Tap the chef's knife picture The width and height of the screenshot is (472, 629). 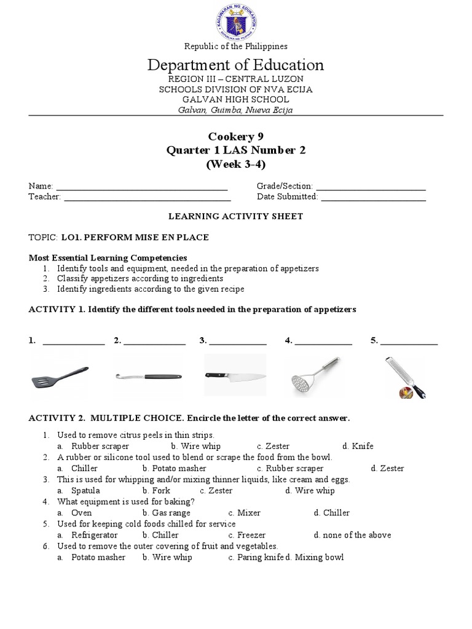(235, 375)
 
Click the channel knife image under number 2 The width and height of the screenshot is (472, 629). (148, 375)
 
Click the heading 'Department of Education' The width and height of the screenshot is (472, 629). (236, 65)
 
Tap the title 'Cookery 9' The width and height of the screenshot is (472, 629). (236, 136)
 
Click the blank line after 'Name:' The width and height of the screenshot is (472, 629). (142, 186)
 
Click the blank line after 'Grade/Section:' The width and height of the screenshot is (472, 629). (371, 186)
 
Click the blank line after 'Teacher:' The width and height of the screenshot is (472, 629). (147, 197)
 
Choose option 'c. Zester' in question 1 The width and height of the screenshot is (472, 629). (273, 447)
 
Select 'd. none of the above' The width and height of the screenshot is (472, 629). (352, 535)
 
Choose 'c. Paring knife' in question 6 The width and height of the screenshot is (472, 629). (255, 557)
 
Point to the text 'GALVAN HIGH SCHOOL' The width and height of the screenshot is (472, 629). (236, 100)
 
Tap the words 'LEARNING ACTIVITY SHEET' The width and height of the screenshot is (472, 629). (236, 216)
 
